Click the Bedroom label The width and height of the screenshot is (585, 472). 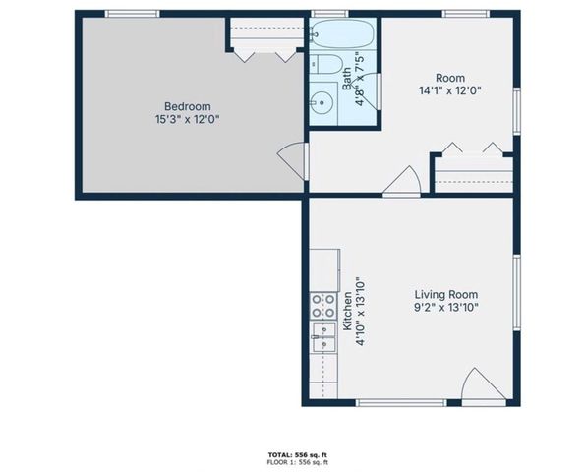pyautogui.click(x=186, y=106)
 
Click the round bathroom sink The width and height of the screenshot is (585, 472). pyautogui.click(x=322, y=101)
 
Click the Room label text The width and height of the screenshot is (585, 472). pyautogui.click(x=451, y=78)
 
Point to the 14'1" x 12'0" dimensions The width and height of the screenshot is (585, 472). pyautogui.click(x=451, y=90)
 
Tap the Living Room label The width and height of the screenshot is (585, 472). pyautogui.click(x=445, y=294)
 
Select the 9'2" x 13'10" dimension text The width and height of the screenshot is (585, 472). pyautogui.click(x=445, y=307)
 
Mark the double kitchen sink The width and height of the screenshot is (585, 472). pyautogui.click(x=322, y=340)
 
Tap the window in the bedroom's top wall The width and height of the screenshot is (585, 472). pyautogui.click(x=133, y=13)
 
